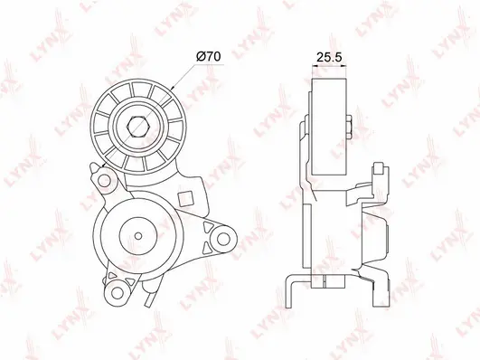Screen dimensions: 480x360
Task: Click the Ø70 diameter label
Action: click(209, 56)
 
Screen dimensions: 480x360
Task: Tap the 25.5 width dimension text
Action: click(329, 57)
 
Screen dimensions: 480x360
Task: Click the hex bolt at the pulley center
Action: click(138, 127)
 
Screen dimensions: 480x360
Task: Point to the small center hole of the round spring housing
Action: click(138, 236)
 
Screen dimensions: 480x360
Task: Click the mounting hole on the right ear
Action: click(223, 239)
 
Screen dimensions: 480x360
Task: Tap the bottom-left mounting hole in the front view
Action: click(116, 291)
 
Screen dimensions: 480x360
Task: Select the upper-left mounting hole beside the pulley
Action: click(104, 181)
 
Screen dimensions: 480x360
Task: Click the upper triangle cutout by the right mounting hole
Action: click(208, 228)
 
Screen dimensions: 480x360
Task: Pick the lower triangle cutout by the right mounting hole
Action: click(209, 248)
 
